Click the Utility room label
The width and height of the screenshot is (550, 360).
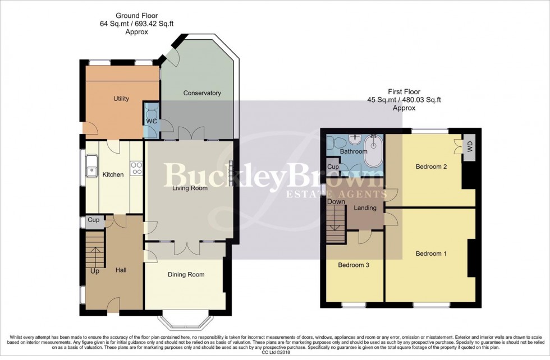tap(121, 99)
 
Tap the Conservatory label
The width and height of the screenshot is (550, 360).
tap(202, 93)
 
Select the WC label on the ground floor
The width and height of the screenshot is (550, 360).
tap(152, 121)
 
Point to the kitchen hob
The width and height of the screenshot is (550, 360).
tap(136, 168)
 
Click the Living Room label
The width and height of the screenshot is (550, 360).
tap(190, 188)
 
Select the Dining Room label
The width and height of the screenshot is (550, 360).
tap(186, 275)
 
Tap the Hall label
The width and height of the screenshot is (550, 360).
tap(121, 270)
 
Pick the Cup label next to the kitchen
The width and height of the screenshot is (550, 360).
tap(94, 220)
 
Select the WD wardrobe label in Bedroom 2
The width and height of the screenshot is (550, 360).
tap(469, 148)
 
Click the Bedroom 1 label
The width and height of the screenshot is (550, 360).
tap(431, 254)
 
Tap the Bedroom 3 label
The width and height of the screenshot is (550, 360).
tap(354, 265)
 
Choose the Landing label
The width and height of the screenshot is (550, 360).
tap(365, 208)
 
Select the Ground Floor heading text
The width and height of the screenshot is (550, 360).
tap(136, 15)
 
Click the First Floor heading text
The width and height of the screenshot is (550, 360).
tap(404, 92)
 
